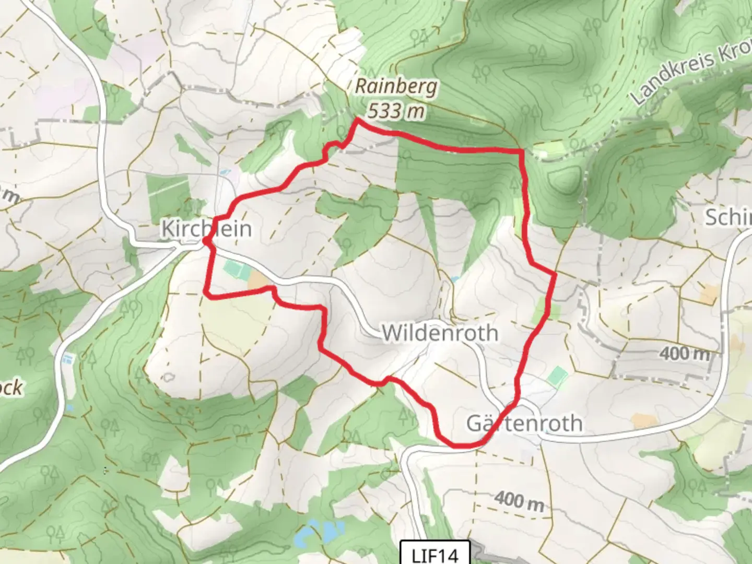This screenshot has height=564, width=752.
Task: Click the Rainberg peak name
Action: tap(396, 87)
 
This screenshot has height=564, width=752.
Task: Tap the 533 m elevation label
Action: tap(395, 111)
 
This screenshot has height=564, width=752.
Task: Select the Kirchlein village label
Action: tap(206, 229)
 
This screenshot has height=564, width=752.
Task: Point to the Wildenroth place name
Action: tap(440, 333)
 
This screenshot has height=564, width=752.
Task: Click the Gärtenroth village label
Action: tap(524, 423)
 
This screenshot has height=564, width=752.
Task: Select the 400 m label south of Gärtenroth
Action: tap(519, 501)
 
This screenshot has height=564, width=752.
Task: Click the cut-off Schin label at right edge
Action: tap(728, 217)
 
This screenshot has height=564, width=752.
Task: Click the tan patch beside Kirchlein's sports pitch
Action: tap(257, 281)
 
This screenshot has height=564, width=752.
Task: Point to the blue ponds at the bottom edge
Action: tap(319, 533)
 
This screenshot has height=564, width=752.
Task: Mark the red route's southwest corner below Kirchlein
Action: tap(207, 295)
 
